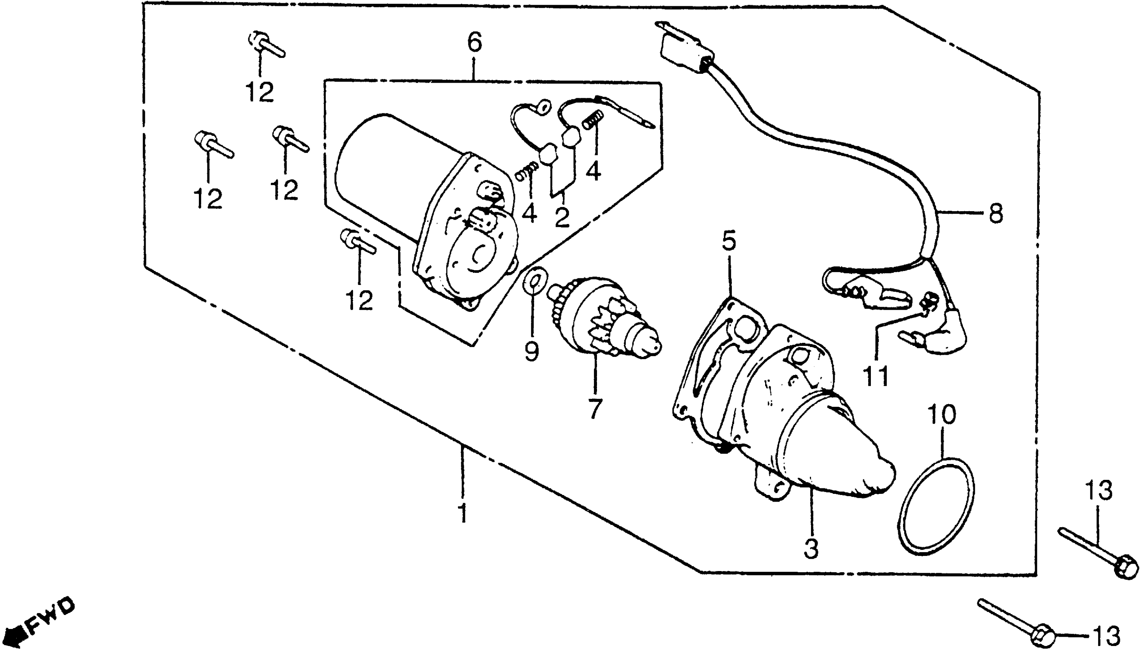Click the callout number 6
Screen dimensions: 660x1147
(474, 43)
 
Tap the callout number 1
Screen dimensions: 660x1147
(463, 513)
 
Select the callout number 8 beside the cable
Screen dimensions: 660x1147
(996, 213)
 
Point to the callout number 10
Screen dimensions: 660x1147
(942, 414)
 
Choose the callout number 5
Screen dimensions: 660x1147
(729, 241)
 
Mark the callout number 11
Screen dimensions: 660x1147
(876, 376)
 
